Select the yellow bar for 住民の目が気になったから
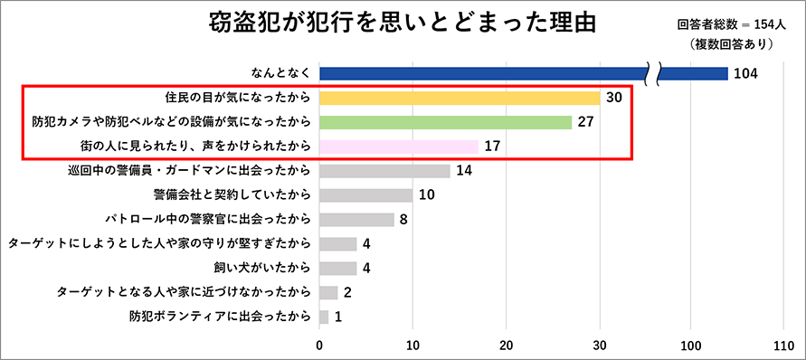coord(460,98)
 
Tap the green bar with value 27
coord(445,122)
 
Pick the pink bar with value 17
coord(398,146)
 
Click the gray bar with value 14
coord(384,170)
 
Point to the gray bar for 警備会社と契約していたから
coord(365,194)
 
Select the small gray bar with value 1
coord(324,317)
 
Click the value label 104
coord(745,73)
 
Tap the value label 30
coord(613,98)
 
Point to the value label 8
coord(403,219)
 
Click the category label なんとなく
coord(282,73)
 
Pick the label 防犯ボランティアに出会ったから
coord(221,317)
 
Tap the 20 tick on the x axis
coord(506,345)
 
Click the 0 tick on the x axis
coord(319,345)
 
